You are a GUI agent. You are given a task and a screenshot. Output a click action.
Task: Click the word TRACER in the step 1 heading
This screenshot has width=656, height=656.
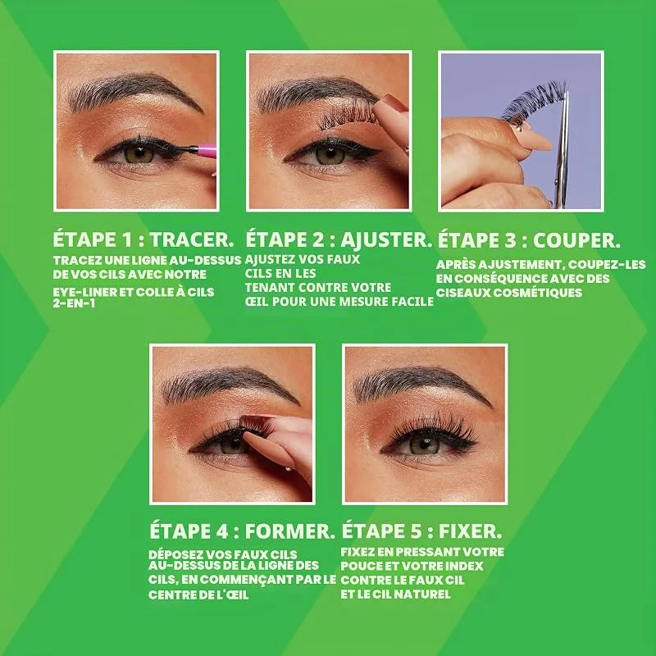tap(192, 239)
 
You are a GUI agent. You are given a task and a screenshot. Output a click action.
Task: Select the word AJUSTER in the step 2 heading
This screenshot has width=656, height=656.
tap(386, 239)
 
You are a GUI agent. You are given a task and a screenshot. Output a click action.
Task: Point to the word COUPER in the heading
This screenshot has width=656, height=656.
tap(576, 240)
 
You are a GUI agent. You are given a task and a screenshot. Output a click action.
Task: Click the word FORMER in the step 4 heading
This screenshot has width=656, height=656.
tap(290, 531)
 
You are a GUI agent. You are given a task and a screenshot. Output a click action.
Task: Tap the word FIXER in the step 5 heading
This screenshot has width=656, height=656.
tap(470, 531)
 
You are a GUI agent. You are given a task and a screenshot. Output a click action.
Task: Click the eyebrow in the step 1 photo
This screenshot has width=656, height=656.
tap(134, 91)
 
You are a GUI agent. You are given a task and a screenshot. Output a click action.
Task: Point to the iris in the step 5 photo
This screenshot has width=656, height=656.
tap(424, 444)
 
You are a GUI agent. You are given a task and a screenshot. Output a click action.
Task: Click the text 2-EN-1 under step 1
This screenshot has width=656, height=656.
tap(74, 303)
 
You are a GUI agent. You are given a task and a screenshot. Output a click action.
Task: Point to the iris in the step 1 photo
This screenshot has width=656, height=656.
tap(139, 153)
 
